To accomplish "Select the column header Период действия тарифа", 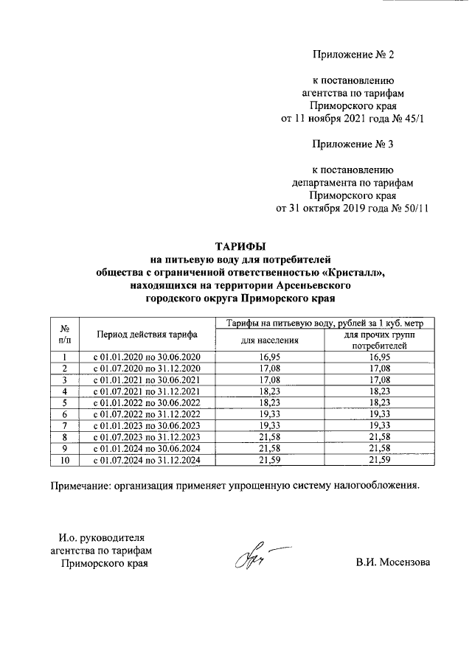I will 147,334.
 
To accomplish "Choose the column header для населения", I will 269,340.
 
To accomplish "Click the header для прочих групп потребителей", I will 379,340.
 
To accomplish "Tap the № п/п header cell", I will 65,334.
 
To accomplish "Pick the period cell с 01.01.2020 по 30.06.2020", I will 147,357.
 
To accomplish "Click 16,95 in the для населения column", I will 269,357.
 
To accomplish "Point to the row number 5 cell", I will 65,402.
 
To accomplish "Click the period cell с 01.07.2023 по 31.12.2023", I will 147,437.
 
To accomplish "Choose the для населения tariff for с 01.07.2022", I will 269,414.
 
